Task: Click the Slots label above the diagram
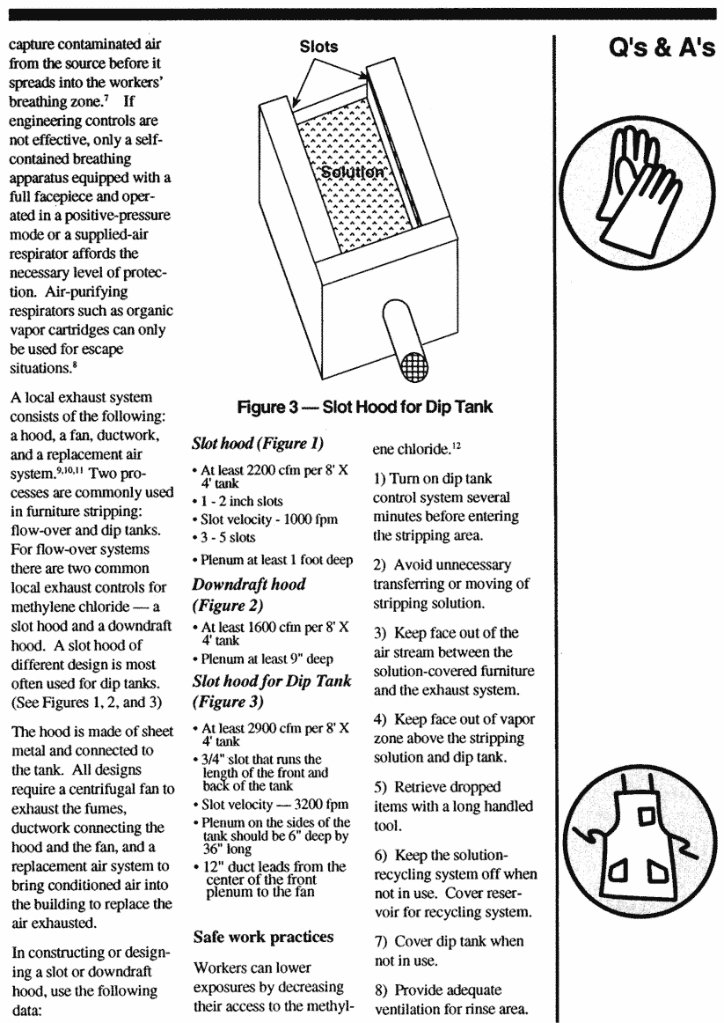pos(319,47)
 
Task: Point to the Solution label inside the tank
pos(353,173)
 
